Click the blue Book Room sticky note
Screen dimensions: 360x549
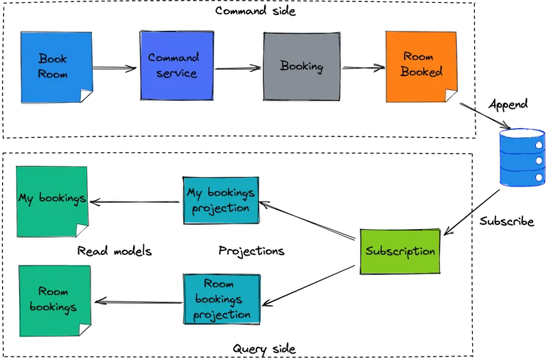point(53,67)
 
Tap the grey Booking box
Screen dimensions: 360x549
point(301,67)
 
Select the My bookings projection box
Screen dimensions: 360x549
point(222,200)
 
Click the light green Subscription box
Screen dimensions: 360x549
point(400,252)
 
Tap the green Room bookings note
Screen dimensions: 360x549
point(56,300)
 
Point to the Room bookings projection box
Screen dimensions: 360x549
point(222,300)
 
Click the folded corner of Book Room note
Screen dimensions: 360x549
point(85,96)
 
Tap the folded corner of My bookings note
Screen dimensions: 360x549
point(82,230)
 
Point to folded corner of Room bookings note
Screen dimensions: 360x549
point(85,330)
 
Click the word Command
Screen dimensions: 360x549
point(174,58)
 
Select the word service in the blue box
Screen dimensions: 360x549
point(176,74)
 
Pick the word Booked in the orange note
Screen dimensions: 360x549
point(421,72)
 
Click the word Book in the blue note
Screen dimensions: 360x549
point(53,59)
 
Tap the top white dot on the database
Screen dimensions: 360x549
point(539,145)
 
